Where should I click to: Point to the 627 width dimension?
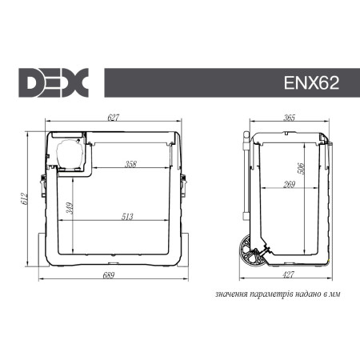pos(113,118)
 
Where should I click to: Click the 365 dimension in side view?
pos(290,118)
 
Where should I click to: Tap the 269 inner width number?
pos(290,185)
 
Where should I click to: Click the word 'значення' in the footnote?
pos(231,294)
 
